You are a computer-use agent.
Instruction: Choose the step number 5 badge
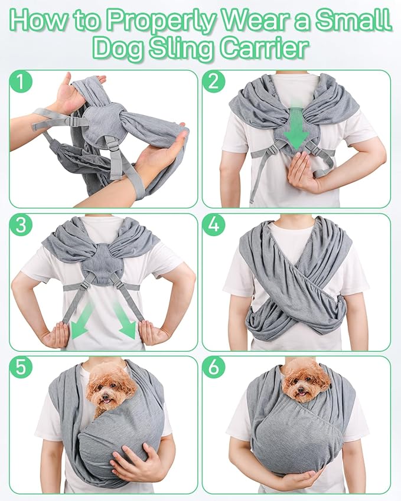point(22,368)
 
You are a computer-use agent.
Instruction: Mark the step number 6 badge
point(214,368)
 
